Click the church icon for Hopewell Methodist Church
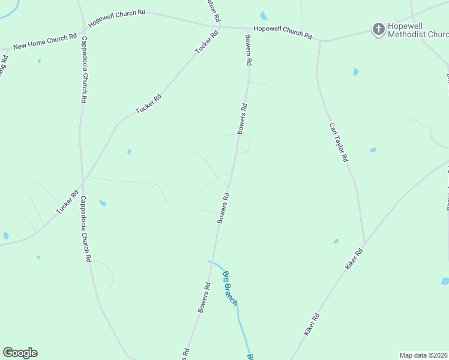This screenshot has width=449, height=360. [x=378, y=29]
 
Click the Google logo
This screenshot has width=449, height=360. [x=20, y=353]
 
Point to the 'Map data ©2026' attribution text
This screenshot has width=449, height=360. [x=424, y=355]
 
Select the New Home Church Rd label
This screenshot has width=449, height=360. [x=45, y=41]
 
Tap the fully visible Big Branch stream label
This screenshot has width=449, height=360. [x=230, y=289]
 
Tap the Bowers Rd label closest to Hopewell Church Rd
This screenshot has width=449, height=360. [x=249, y=50]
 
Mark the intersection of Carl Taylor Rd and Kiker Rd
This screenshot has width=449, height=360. [x=364, y=245]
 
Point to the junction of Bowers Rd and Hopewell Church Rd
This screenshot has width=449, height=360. [x=248, y=28]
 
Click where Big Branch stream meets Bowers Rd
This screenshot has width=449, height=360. [x=211, y=262]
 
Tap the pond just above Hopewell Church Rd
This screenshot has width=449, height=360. [x=264, y=16]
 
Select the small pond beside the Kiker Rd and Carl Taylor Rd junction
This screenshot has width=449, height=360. [x=336, y=241]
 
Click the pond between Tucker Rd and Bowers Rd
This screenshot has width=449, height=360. [x=129, y=152]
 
